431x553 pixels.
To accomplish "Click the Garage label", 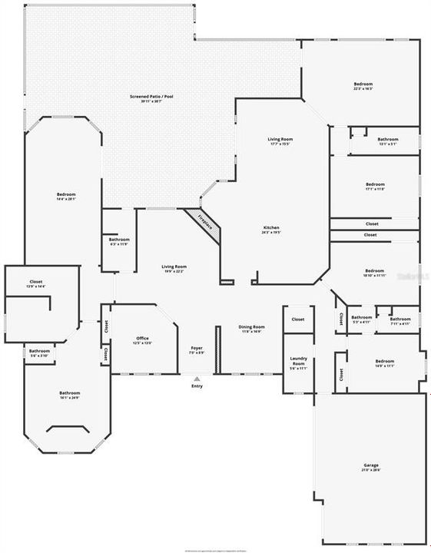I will point(371,465).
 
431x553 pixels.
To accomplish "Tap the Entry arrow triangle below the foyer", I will point(197,378).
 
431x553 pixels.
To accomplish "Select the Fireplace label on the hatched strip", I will point(205,222).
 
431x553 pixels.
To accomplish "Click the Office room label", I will point(142,338).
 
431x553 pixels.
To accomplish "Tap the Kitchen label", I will point(271,228).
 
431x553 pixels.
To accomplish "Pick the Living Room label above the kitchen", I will point(280,139).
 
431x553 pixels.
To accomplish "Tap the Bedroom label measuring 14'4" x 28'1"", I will point(66,194).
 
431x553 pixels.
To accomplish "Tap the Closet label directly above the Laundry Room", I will point(298,319).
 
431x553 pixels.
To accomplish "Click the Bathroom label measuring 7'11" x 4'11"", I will point(400,318).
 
